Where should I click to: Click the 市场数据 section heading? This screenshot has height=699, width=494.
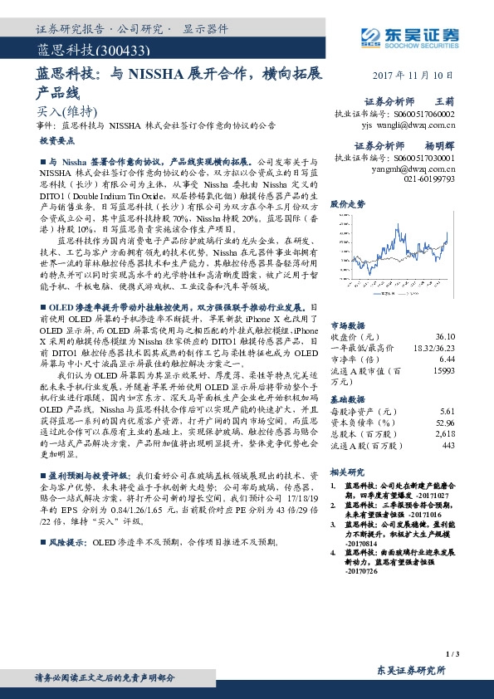tap(347, 325)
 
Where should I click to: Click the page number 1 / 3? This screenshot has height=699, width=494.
tap(452, 655)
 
